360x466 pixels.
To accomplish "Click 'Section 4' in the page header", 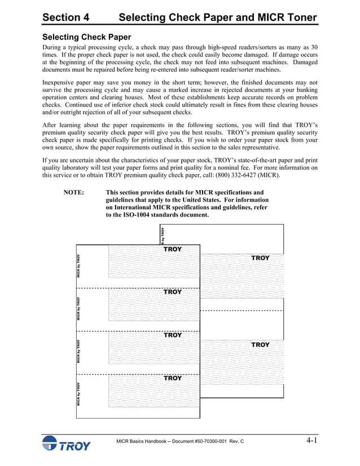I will (66, 17).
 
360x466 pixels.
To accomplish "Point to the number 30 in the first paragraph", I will (313, 47).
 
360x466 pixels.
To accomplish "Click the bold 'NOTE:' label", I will (74, 192).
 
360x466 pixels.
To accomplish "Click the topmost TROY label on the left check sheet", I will (173, 249).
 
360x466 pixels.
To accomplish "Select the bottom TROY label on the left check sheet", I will (173, 378).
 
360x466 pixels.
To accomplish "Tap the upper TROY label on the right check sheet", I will (260, 258).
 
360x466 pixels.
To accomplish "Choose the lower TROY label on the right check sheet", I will (260, 345).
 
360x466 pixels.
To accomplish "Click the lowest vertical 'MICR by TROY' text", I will (79, 394).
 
